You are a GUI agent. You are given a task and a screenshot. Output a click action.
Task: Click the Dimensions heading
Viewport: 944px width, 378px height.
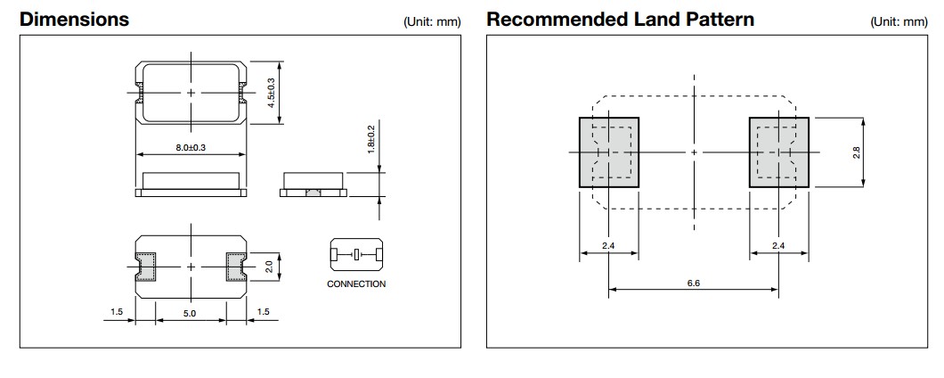coord(74,20)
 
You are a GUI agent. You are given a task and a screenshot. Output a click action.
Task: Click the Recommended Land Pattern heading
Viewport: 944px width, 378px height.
coord(621,20)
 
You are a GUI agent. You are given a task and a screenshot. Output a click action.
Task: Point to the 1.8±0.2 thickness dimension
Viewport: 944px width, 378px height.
coord(371,140)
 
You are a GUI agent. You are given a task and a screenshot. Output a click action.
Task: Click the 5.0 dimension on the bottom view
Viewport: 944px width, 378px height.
coord(190,314)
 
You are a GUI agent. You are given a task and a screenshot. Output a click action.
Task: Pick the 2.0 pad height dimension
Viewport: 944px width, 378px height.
coord(270,266)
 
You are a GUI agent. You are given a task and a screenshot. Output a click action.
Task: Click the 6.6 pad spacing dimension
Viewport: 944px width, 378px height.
coord(694,282)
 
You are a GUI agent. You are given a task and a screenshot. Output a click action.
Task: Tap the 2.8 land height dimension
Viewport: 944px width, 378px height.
coord(857,152)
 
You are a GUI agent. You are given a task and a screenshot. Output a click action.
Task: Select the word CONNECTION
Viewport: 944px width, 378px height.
coord(356,284)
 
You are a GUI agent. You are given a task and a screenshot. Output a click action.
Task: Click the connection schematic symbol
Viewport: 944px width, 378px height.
coord(356,256)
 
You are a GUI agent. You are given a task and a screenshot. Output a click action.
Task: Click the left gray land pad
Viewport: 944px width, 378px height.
coord(609,152)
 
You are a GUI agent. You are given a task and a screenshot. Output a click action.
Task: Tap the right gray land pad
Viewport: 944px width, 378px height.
coord(778,152)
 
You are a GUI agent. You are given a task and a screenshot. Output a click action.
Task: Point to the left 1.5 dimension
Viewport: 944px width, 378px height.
coord(117,313)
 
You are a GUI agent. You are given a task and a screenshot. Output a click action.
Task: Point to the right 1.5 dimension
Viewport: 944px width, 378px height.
coord(263,313)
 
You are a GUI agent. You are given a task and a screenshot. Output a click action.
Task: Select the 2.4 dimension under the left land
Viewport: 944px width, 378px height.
coord(609,245)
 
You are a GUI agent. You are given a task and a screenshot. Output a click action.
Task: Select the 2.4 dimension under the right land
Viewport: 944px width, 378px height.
coord(778,245)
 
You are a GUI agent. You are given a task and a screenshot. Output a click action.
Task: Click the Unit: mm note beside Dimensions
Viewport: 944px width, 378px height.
coord(432,21)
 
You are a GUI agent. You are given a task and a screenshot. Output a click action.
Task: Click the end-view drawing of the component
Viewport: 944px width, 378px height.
coord(312,184)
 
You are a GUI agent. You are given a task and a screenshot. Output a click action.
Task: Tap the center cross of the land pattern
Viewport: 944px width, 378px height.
coord(694,152)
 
